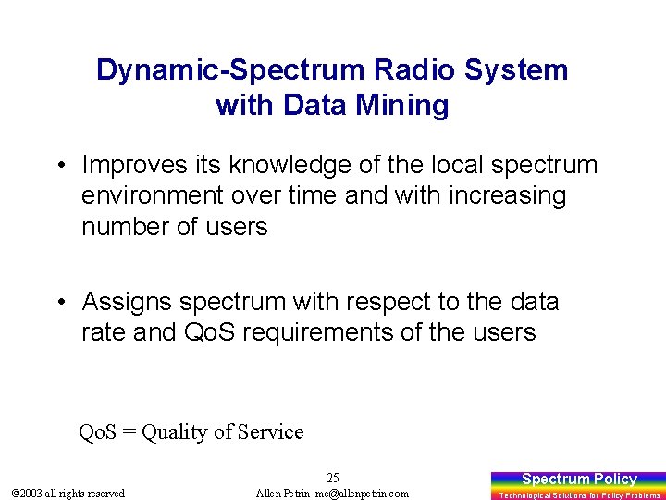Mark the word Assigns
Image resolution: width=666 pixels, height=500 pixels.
[127, 301]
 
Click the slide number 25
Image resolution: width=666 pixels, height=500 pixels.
[333, 478]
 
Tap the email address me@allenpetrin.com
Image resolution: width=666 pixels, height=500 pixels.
[361, 494]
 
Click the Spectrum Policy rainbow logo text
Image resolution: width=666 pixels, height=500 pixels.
[579, 479]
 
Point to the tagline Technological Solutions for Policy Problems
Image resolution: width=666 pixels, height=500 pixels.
[580, 495]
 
